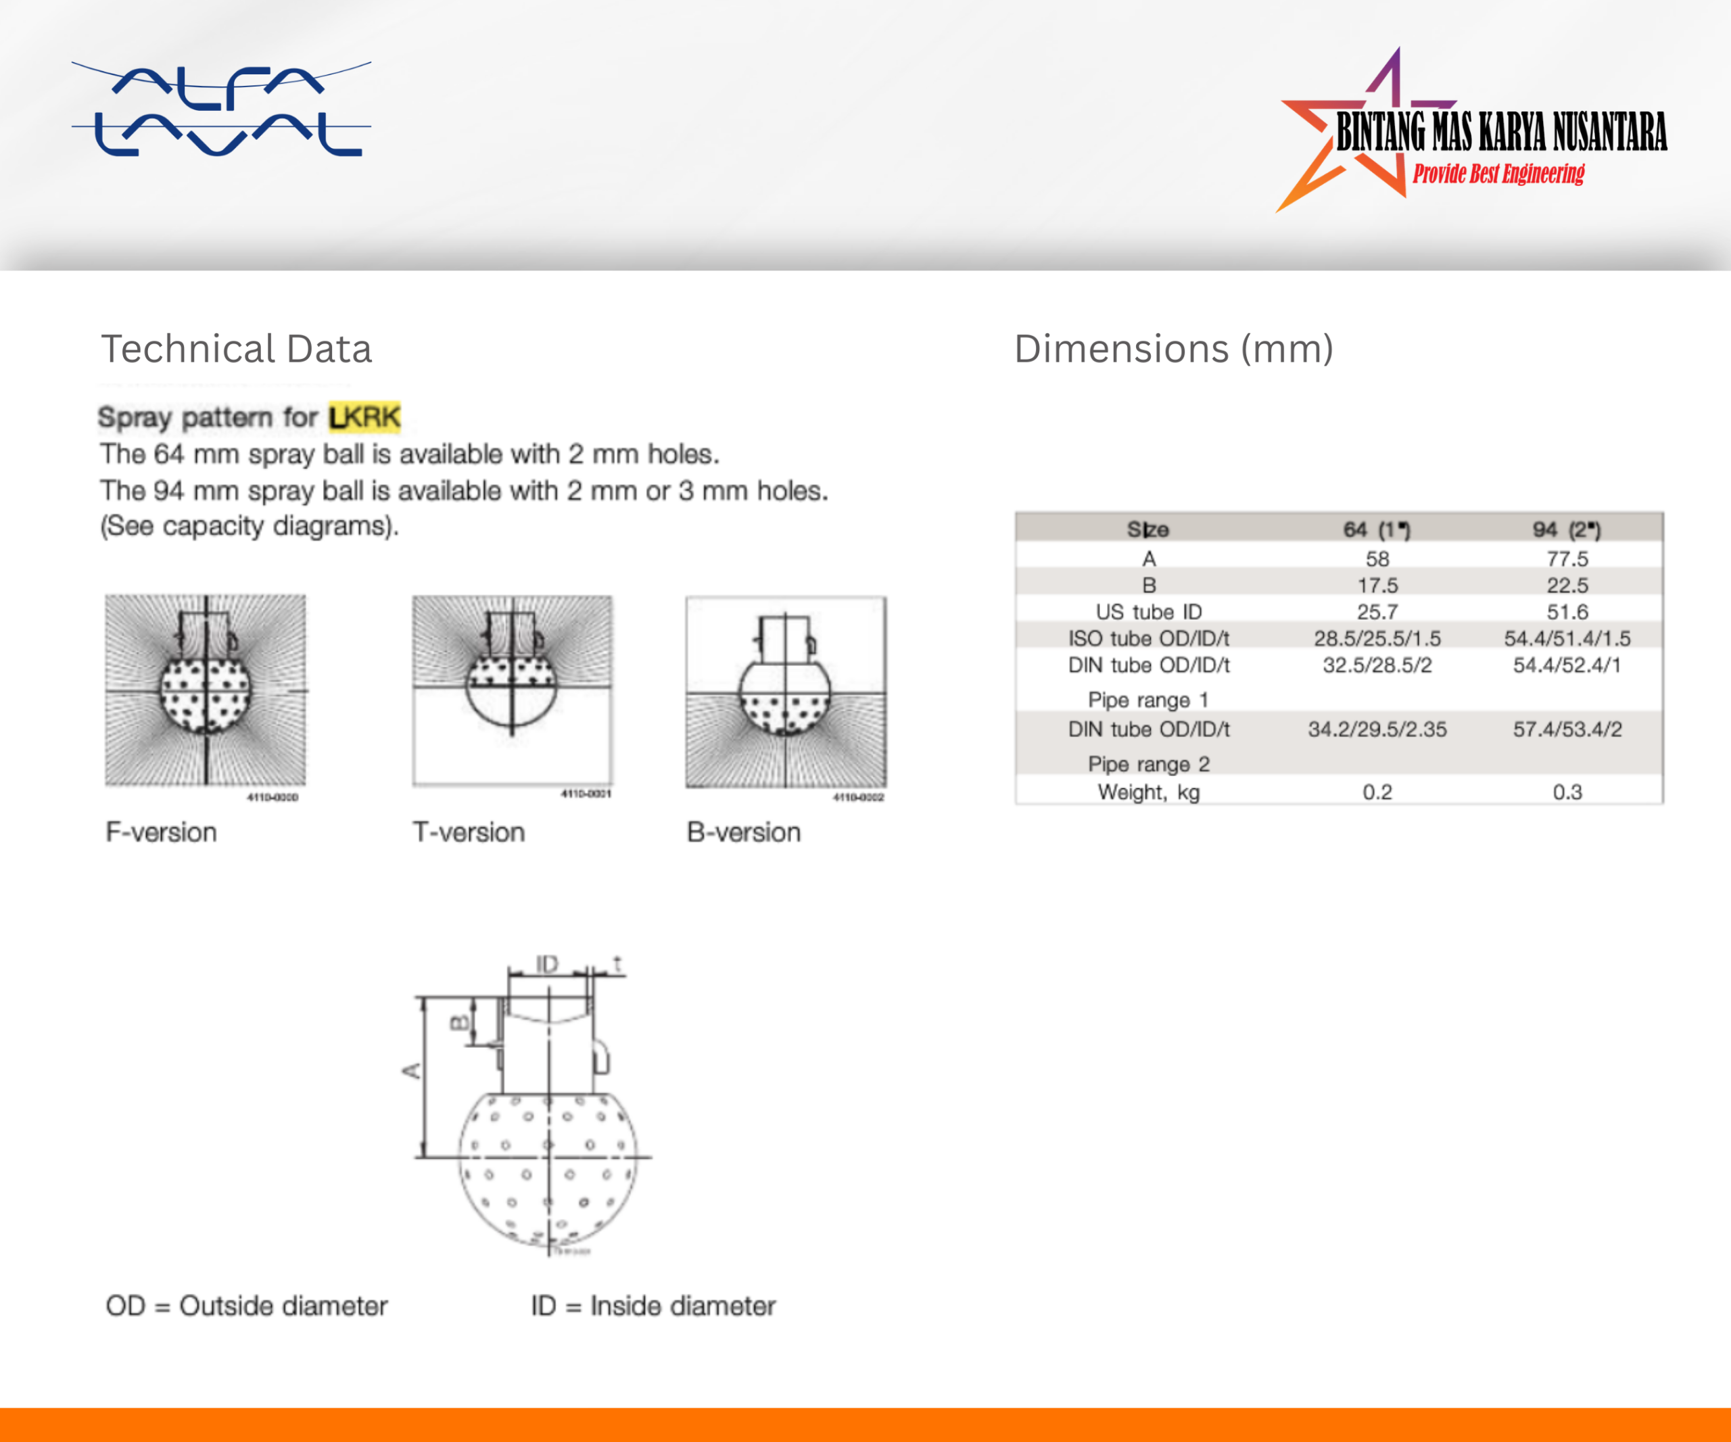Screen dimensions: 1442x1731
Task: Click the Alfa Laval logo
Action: click(x=221, y=110)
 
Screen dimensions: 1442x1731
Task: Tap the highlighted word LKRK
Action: click(x=364, y=417)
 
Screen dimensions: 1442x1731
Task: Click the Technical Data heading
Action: click(x=236, y=349)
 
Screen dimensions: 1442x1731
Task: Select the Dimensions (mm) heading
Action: click(x=1173, y=349)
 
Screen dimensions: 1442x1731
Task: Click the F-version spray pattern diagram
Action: click(x=206, y=690)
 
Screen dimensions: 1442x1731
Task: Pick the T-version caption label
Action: click(x=468, y=832)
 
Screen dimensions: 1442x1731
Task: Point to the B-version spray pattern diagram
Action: click(x=786, y=692)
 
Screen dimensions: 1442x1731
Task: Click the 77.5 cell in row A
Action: click(x=1566, y=558)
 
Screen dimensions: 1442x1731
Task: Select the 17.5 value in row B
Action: click(x=1377, y=585)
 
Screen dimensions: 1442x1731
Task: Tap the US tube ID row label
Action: click(x=1148, y=611)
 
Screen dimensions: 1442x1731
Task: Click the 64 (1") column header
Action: click(x=1377, y=530)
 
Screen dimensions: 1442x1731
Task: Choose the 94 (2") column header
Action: click(x=1566, y=530)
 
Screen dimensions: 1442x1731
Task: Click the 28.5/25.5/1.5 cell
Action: click(x=1377, y=638)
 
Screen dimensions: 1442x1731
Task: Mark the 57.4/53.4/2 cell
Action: click(x=1566, y=729)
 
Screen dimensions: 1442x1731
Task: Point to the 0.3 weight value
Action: click(x=1566, y=792)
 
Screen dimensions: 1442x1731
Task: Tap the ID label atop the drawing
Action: click(x=546, y=963)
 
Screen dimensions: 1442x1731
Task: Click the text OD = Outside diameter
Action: click(x=246, y=1306)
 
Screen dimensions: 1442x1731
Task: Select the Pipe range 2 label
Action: click(x=1148, y=764)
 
